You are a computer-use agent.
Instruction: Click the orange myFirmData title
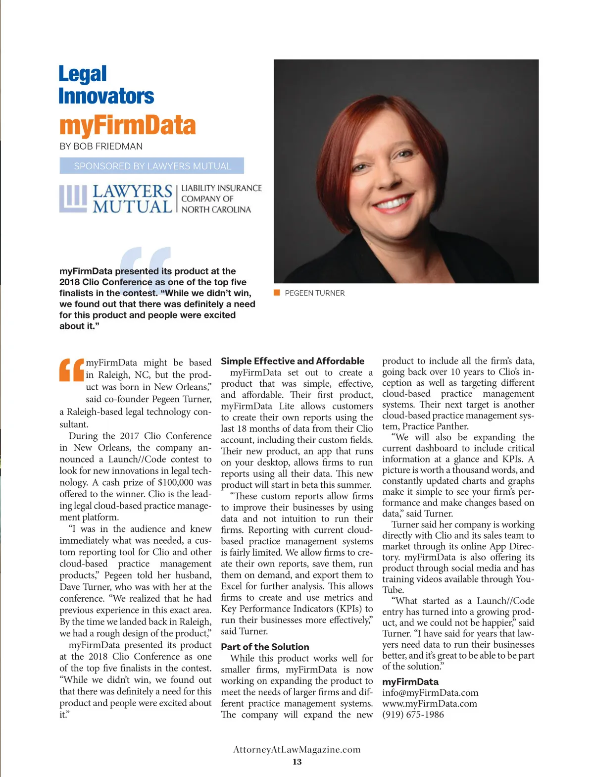tap(127, 125)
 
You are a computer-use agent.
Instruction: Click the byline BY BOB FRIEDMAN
tap(101, 147)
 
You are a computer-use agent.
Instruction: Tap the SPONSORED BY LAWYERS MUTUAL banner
tap(152, 166)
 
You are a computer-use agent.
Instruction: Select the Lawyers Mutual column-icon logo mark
tap(73, 199)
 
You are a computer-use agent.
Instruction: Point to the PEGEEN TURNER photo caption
tap(314, 293)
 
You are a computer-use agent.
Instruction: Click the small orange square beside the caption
tap(277, 293)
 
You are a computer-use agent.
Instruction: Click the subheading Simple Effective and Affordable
tap(292, 361)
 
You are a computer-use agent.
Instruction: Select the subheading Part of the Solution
tap(265, 647)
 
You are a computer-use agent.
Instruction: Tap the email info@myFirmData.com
tap(430, 693)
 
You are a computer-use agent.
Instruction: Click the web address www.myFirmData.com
tap(429, 704)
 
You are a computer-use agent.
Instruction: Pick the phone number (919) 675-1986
tap(413, 715)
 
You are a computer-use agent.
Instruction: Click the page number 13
tap(297, 762)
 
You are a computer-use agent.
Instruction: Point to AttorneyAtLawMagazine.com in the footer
tap(297, 750)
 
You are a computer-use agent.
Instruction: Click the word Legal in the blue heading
tap(83, 74)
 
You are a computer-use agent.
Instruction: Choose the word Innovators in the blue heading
tap(106, 96)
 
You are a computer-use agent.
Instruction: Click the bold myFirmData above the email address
tap(410, 682)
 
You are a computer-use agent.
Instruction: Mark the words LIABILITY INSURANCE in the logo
tap(221, 188)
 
